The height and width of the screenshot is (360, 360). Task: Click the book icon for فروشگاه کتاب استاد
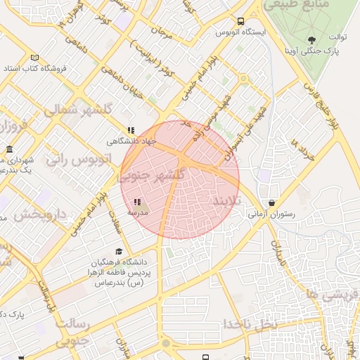34,58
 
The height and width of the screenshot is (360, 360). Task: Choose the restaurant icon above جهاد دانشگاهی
131,130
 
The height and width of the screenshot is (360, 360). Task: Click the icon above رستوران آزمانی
271,202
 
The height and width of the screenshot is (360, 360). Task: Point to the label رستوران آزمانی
271,214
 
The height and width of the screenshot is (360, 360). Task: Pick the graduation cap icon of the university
119,251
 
